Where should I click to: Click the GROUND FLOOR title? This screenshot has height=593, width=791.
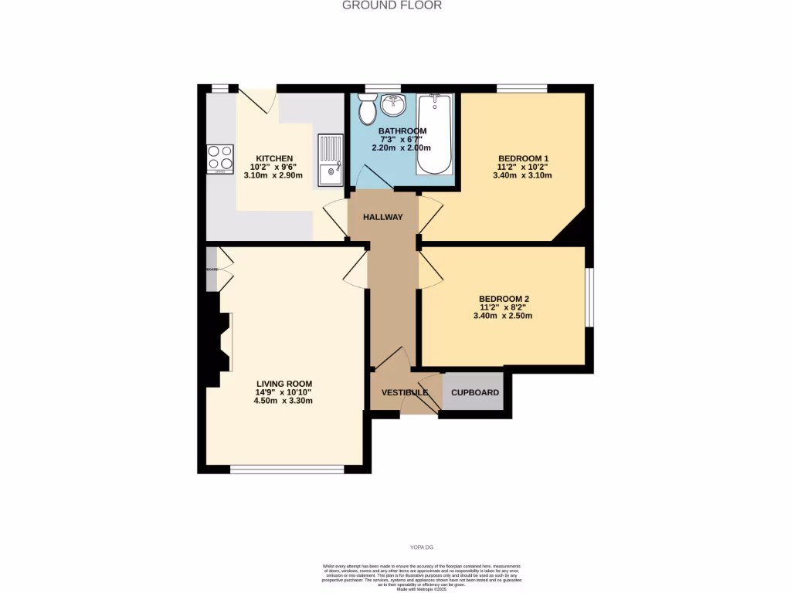tap(392, 5)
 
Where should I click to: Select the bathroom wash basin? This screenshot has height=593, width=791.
tap(393, 103)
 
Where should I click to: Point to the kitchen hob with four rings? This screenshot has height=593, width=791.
tap(220, 158)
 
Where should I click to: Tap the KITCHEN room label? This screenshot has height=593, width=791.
tap(274, 158)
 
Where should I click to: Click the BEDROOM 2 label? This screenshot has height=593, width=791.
tap(504, 299)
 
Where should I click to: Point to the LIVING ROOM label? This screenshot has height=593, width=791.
tap(283, 384)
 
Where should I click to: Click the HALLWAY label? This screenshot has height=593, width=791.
tap(383, 217)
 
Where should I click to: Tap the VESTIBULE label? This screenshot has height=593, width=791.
tap(404, 392)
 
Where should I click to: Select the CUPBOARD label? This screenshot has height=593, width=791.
tap(475, 392)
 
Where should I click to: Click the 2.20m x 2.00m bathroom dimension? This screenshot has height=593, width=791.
tap(402, 147)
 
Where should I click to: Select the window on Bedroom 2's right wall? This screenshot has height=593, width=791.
tap(589, 297)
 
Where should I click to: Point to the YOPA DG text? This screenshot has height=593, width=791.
tap(421, 547)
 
